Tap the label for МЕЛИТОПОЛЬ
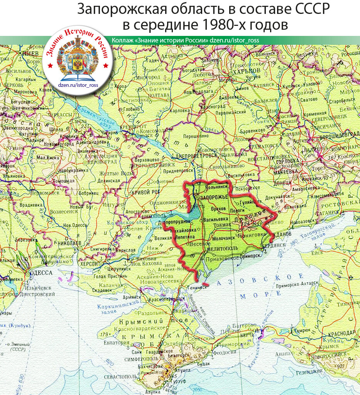click(x=222, y=250)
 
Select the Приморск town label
click(x=251, y=255)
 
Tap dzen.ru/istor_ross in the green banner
click(x=235, y=41)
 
